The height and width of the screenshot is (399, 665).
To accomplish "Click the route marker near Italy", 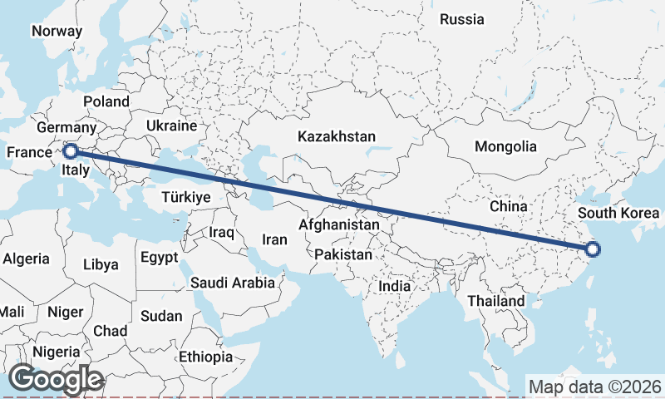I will (71, 151).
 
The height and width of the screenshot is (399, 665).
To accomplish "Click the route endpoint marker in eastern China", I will (593, 249).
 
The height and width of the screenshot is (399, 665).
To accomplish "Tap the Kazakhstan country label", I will (338, 136).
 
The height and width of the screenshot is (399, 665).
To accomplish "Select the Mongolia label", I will (505, 146).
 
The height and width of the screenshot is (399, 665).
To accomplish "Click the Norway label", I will (57, 32).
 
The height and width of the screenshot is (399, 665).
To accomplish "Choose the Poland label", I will (106, 101).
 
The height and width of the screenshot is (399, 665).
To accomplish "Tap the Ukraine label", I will (171, 126).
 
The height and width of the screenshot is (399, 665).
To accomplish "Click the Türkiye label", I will (186, 197).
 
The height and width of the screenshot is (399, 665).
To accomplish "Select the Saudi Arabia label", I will (233, 283).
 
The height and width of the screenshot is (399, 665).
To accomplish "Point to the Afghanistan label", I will (339, 224).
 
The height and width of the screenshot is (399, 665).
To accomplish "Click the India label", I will (394, 286).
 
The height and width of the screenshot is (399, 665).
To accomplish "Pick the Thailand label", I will (496, 300).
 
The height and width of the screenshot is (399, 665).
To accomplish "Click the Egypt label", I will (159, 258).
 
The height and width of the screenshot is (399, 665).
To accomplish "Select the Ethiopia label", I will (206, 357).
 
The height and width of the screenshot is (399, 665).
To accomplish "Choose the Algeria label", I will (26, 259).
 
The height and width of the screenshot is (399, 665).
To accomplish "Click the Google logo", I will (57, 379).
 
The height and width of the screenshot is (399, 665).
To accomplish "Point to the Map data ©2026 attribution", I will (595, 387).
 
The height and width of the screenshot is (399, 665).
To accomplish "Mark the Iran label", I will (274, 239).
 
